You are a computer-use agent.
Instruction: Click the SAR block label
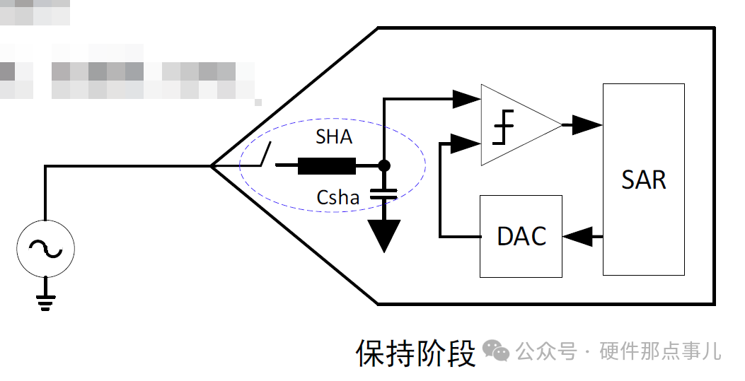pos(644,180)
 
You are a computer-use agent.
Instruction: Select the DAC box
pos(521,236)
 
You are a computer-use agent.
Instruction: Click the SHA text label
pos(334,136)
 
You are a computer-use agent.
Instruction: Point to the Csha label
pos(338,198)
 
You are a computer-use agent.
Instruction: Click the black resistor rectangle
pos(326,167)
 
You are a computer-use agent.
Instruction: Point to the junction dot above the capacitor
pos(384,166)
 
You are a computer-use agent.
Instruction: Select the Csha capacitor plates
pos(384,192)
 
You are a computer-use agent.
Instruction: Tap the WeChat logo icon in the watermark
pos(495,350)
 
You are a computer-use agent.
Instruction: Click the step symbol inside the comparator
pos(503,127)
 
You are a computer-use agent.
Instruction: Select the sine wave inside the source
pos(46,247)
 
